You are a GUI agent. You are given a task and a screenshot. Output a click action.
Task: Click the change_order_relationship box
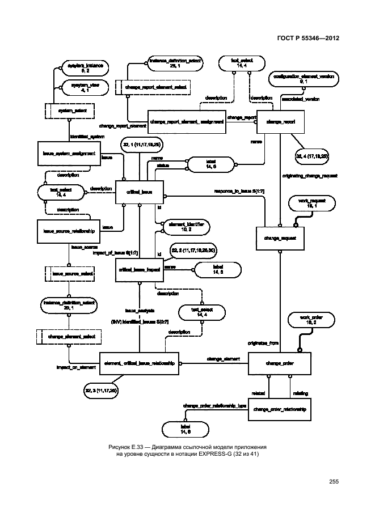[280, 409]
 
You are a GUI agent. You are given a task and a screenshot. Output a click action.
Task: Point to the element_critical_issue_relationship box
[139, 362]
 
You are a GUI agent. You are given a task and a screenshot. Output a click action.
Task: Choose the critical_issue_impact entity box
[139, 271]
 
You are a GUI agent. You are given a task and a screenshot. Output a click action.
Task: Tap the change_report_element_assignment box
[186, 121]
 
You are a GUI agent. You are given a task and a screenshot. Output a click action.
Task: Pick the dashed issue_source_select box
[68, 274]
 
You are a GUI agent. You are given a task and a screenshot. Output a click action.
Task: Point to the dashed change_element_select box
[68, 337]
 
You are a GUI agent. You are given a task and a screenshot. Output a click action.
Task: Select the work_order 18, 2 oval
[306, 320]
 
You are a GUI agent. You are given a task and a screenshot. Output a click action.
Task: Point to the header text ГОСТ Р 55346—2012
[309, 38]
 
